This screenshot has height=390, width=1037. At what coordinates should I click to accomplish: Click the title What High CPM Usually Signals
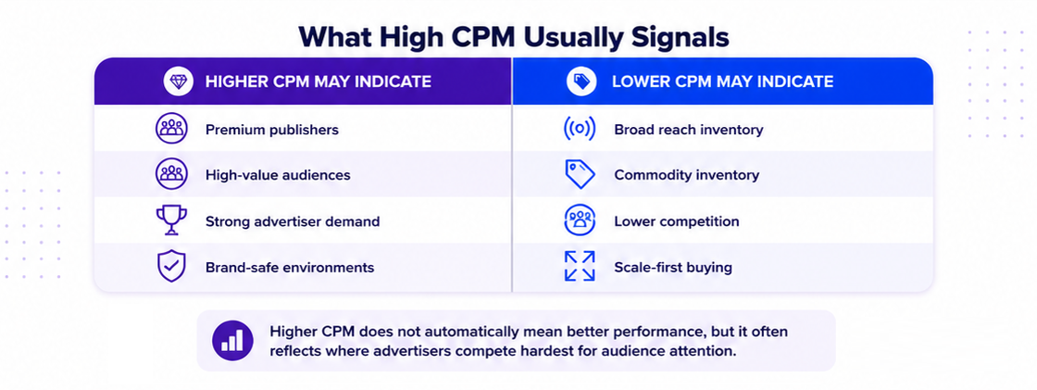pyautogui.click(x=513, y=36)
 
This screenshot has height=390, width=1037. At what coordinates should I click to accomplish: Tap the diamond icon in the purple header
pyautogui.click(x=179, y=82)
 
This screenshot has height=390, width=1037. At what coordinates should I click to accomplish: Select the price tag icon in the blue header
pyautogui.click(x=581, y=82)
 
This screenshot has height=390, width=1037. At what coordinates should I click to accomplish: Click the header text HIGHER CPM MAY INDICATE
pyautogui.click(x=319, y=82)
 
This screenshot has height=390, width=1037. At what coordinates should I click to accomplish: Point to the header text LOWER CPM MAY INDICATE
pyautogui.click(x=722, y=82)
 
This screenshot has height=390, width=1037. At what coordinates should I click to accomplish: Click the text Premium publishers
pyautogui.click(x=272, y=130)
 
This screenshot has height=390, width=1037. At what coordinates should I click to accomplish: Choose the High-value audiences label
pyautogui.click(x=278, y=175)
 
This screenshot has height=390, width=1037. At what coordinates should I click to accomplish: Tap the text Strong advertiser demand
pyautogui.click(x=293, y=221)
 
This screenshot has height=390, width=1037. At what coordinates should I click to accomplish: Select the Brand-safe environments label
pyautogui.click(x=290, y=268)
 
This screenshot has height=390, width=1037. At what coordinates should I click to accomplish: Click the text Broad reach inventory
pyautogui.click(x=689, y=130)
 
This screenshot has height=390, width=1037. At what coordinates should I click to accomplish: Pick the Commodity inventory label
pyautogui.click(x=686, y=175)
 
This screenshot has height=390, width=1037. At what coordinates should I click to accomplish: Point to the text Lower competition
pyautogui.click(x=677, y=221)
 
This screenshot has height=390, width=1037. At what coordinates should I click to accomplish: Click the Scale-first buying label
pyautogui.click(x=672, y=268)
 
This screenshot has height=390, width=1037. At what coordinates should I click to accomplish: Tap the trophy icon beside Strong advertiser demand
pyautogui.click(x=171, y=220)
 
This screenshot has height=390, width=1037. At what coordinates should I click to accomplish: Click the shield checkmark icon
pyautogui.click(x=171, y=266)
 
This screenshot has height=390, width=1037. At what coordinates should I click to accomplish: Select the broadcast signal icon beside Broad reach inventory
pyautogui.click(x=580, y=129)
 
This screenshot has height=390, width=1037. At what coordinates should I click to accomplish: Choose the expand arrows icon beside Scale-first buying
pyautogui.click(x=580, y=266)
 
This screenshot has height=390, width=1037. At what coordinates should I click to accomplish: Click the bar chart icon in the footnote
pyautogui.click(x=232, y=340)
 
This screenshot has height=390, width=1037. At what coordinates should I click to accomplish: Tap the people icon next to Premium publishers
pyautogui.click(x=172, y=129)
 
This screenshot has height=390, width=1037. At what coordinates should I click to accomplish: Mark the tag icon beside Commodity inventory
pyautogui.click(x=580, y=174)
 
